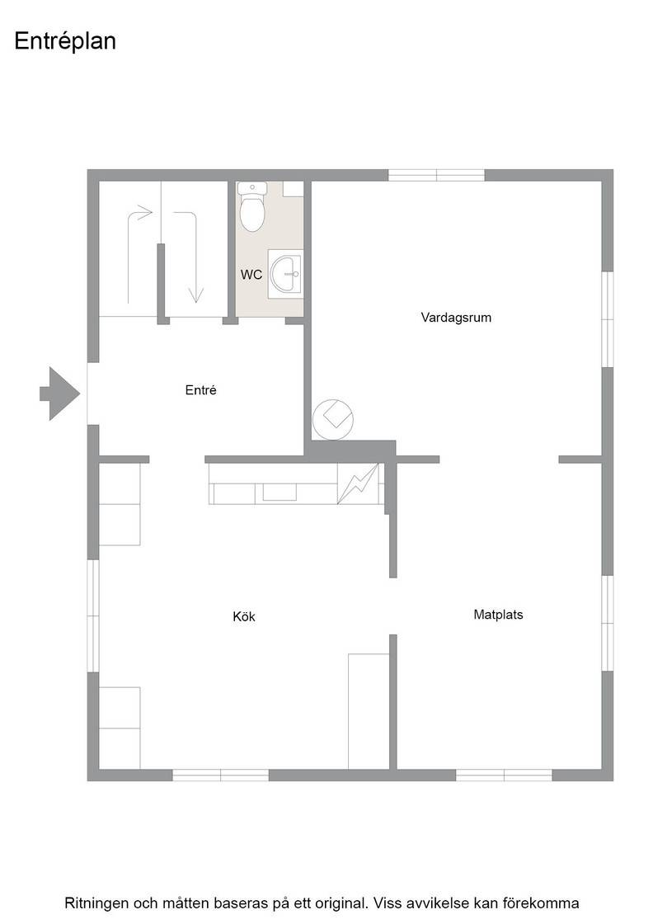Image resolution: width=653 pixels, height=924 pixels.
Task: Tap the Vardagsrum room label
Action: (x=456, y=318)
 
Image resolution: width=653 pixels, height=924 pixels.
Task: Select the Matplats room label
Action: (x=498, y=615)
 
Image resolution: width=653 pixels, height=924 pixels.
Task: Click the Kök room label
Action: (x=244, y=616)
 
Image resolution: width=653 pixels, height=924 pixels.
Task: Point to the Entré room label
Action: (x=201, y=390)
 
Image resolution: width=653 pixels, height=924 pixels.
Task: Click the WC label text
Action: (x=251, y=275)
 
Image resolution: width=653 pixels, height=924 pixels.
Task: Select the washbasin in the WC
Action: (x=285, y=274)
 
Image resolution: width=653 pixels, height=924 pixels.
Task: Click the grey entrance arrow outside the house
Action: (x=60, y=394)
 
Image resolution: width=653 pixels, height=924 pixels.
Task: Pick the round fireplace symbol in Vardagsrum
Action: (x=332, y=419)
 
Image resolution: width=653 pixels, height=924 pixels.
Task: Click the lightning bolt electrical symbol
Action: (x=359, y=483)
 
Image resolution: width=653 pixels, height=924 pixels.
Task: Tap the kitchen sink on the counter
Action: (x=280, y=492)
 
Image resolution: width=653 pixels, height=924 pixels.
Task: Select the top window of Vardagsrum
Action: (x=436, y=175)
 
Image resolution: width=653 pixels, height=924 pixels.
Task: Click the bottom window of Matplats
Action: (x=504, y=775)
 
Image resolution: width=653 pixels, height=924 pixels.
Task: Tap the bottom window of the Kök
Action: (x=220, y=775)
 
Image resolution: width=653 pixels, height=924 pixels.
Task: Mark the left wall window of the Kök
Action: (x=93, y=615)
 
